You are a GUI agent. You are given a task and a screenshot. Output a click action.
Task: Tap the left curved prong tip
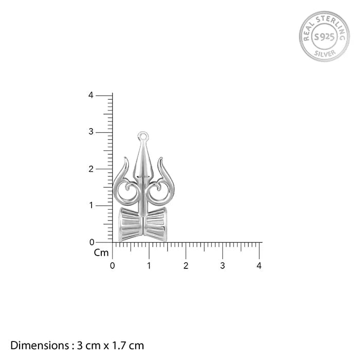pyautogui.click(x=125, y=158)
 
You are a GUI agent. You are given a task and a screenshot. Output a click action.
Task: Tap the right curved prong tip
pyautogui.click(x=161, y=158)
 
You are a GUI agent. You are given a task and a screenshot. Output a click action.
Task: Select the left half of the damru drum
pyautogui.click(x=131, y=224)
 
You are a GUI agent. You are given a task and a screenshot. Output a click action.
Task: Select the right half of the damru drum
pyautogui.click(x=155, y=224)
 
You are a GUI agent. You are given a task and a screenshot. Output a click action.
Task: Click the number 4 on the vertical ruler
pyautogui.click(x=91, y=95)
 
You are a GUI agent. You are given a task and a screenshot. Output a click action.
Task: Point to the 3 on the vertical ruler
pyautogui.click(x=91, y=132)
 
